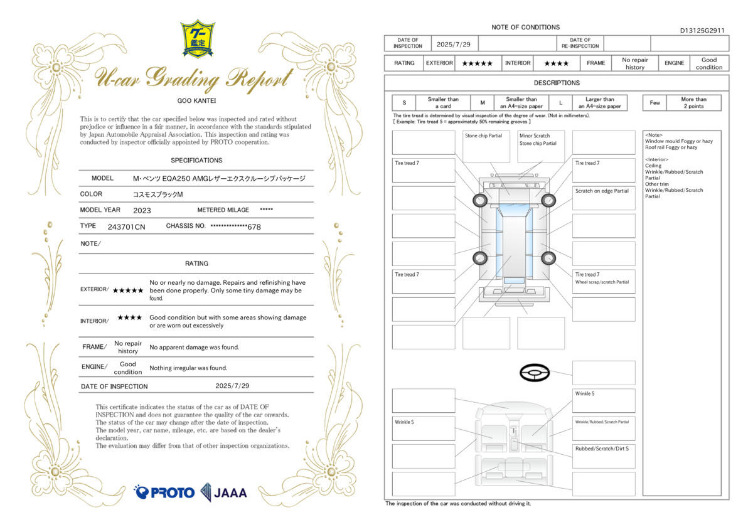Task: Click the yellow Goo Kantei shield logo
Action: tap(198, 39)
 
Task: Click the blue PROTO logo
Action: tap(164, 492)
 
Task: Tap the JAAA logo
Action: tap(223, 492)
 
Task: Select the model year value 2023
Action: tap(142, 210)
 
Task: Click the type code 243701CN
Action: tap(126, 227)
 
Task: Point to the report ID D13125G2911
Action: tap(702, 31)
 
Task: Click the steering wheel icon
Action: tap(535, 373)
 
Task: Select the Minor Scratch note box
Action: tap(541, 147)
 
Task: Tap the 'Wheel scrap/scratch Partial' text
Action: tap(602, 282)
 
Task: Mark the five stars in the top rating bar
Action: tap(478, 63)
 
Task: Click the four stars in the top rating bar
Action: tap(557, 63)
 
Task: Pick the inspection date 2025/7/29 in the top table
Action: tap(454, 45)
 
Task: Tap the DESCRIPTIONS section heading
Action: tap(557, 83)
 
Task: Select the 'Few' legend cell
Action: tap(654, 102)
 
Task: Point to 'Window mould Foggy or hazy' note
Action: tap(679, 141)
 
